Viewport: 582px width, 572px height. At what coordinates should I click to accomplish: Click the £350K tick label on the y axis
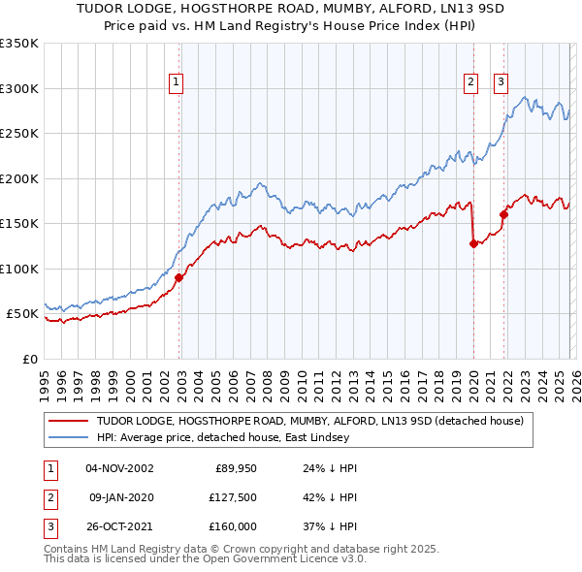(19, 44)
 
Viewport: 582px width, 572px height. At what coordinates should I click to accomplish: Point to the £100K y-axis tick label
(19, 269)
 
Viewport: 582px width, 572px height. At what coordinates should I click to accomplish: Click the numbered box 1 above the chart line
(177, 82)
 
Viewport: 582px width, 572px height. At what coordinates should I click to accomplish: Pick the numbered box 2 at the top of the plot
(470, 82)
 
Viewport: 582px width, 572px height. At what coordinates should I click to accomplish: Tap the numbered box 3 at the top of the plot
(501, 82)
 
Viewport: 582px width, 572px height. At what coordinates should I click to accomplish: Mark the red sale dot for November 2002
(179, 277)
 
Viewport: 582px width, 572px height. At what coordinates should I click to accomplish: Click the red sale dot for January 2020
(473, 244)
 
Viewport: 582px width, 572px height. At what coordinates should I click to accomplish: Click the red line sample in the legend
(69, 421)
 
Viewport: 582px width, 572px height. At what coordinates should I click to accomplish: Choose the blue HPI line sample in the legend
(69, 437)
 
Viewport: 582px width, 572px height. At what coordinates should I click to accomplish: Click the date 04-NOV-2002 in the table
(119, 468)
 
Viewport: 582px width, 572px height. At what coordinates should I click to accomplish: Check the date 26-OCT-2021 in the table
(119, 526)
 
